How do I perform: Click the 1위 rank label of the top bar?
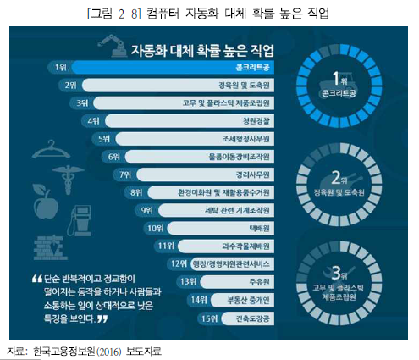pyautogui.click(x=58, y=66)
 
